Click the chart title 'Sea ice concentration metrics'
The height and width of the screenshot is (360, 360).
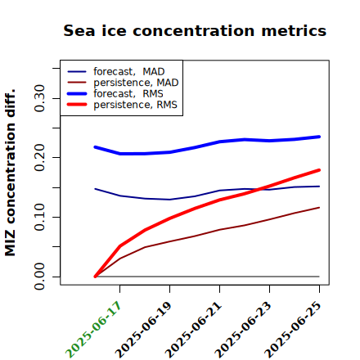coord(195,30)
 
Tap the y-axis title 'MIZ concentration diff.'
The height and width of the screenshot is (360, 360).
coord(10,173)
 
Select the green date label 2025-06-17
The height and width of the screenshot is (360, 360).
coord(93,330)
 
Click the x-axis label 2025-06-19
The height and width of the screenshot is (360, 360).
coord(143,330)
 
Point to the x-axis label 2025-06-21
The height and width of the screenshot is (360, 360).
coord(193,330)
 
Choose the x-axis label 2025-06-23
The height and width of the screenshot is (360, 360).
coord(243,330)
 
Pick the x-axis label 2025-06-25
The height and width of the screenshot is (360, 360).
coord(293,330)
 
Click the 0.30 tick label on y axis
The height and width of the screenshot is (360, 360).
coord(39,98)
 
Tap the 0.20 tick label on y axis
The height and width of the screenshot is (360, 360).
coord(39,157)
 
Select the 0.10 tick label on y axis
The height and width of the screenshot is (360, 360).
coord(39,217)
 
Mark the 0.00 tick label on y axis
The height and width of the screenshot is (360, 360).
coord(39,277)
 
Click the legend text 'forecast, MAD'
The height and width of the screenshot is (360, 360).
coord(129,72)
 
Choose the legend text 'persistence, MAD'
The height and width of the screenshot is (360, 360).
coord(136,83)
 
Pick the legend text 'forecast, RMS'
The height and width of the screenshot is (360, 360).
coord(128,93)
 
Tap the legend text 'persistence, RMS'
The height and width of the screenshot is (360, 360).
coord(135,105)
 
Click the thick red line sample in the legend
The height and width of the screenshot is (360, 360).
coord(77,104)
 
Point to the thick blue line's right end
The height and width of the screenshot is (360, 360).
coord(319,137)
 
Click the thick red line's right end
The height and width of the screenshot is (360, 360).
coord(319,170)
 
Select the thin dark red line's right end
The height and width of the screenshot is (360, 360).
coord(319,208)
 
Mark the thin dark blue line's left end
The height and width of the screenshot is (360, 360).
coord(95,189)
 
